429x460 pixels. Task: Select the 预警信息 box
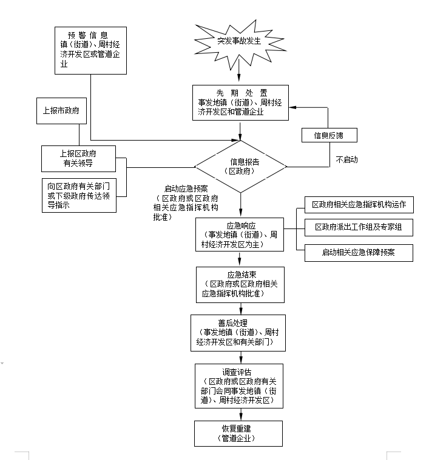click(x=90, y=50)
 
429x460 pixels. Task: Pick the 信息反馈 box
click(x=330, y=135)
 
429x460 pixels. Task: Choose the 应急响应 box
click(x=239, y=234)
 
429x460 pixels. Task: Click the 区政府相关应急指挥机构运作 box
click(x=359, y=205)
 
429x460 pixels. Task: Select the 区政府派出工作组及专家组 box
click(x=359, y=227)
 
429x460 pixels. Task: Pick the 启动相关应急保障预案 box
click(x=359, y=253)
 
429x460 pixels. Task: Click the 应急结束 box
click(x=239, y=283)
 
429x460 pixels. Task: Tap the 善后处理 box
click(x=239, y=332)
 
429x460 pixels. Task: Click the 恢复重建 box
click(x=239, y=433)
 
